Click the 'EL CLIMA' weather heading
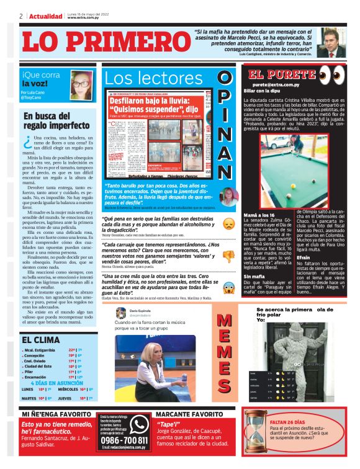click(x=40, y=340)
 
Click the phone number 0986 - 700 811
click(x=124, y=440)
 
